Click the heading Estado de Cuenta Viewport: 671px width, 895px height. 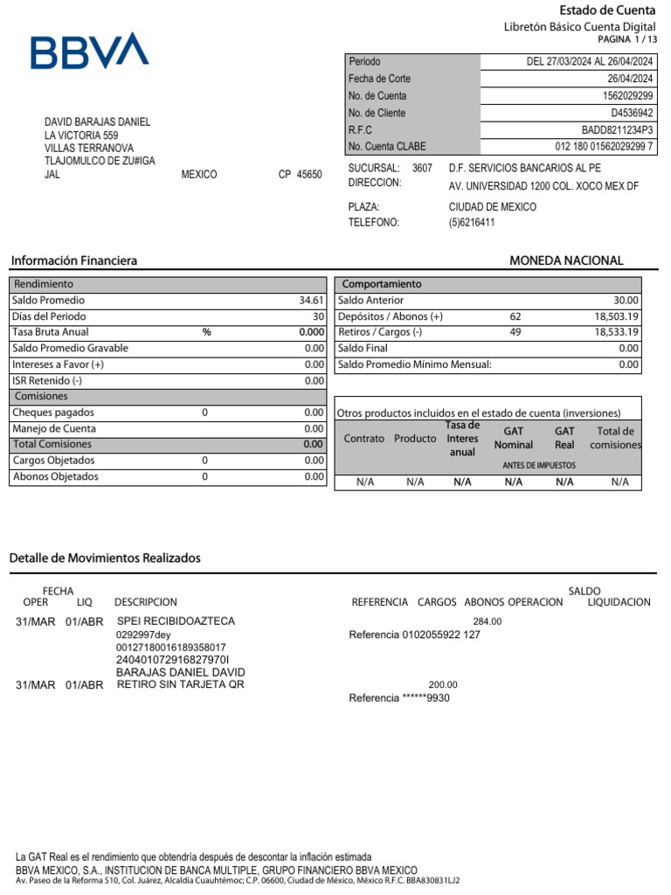click(606, 10)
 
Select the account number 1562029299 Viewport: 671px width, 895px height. click(627, 96)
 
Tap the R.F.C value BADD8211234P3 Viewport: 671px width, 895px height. click(617, 129)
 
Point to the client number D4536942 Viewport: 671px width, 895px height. click(632, 113)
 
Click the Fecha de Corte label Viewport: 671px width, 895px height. click(379, 79)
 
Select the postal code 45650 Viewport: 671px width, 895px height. click(309, 175)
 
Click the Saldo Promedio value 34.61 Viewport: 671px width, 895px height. click(311, 301)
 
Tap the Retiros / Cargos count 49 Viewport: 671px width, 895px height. click(515, 332)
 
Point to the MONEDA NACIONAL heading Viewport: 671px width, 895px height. click(566, 260)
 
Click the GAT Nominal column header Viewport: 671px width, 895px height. click(513, 438)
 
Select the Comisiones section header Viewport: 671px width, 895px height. click(41, 396)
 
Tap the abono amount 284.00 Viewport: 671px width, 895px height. click(488, 621)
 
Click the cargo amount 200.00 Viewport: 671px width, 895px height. click(443, 685)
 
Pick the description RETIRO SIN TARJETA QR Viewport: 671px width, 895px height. click(181, 684)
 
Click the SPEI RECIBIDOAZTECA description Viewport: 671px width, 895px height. click(176, 621)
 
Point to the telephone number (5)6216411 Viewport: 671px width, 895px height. click(472, 223)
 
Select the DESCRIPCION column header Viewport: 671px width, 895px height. click(145, 602)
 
